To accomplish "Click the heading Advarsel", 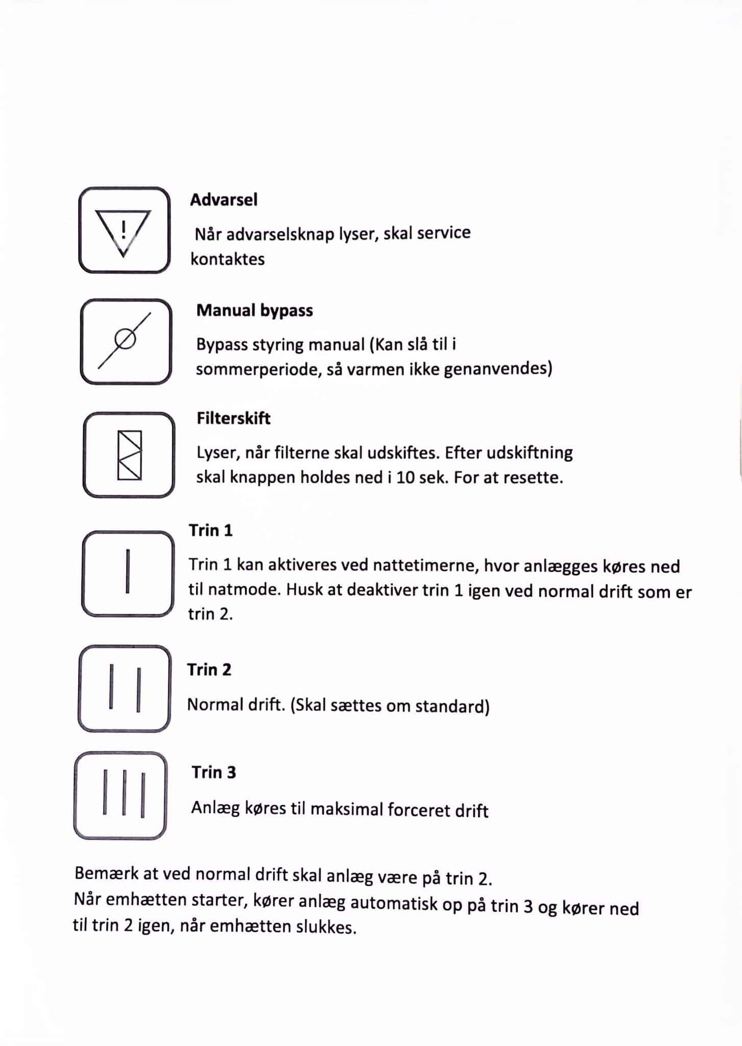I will click(x=224, y=200).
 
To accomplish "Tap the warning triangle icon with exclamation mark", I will click(x=124, y=231).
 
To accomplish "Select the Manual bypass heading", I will click(x=254, y=311).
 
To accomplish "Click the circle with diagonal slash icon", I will click(x=125, y=340).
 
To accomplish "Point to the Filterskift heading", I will click(x=233, y=418).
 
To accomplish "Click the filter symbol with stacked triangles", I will click(x=129, y=455).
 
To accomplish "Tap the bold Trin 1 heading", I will click(x=210, y=531).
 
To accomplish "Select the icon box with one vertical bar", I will click(x=128, y=573).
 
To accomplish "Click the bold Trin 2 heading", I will click(x=209, y=670).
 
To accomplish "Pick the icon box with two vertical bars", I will click(x=124, y=688).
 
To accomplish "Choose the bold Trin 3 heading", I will click(x=213, y=772).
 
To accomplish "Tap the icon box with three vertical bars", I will click(x=121, y=796).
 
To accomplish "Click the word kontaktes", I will click(x=228, y=259).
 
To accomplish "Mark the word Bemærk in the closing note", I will click(x=106, y=873).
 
